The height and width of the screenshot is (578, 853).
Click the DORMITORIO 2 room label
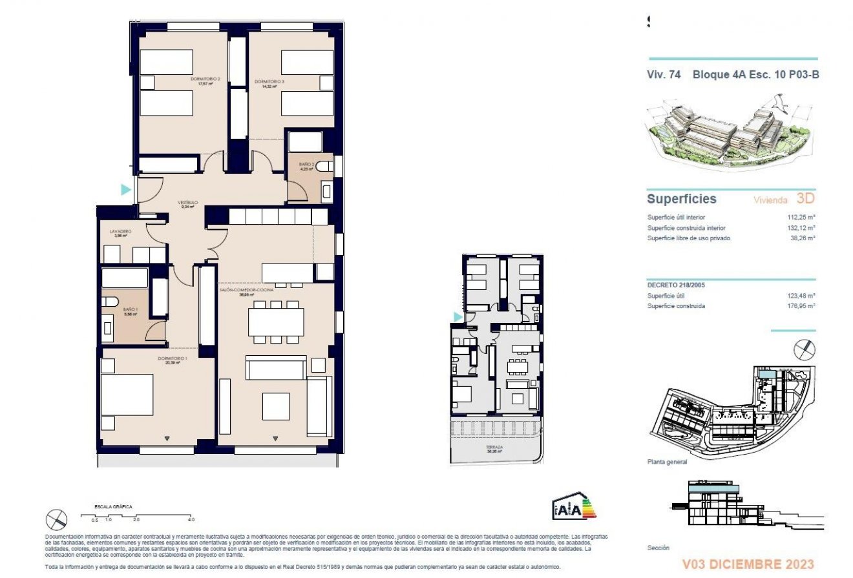205,79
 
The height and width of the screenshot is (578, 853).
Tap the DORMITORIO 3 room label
269,82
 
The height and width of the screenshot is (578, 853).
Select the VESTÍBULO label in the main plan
187,203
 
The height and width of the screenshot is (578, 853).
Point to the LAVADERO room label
121,231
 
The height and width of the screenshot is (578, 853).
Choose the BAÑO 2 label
306,165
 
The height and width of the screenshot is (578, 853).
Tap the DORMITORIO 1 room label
173,358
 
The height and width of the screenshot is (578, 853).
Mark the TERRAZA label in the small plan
495,448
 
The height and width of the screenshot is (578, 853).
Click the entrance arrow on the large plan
125,189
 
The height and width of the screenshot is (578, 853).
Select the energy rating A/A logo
573,508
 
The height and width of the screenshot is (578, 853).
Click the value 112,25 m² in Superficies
800,218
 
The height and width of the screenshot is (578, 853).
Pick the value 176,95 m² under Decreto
800,306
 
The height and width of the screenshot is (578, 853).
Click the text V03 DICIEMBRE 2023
748,564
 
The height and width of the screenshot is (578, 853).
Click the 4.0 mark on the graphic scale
191,519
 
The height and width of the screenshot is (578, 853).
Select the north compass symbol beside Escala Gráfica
56,519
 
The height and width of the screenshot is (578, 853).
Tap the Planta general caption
667,462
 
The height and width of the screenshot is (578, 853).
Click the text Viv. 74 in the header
664,74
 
